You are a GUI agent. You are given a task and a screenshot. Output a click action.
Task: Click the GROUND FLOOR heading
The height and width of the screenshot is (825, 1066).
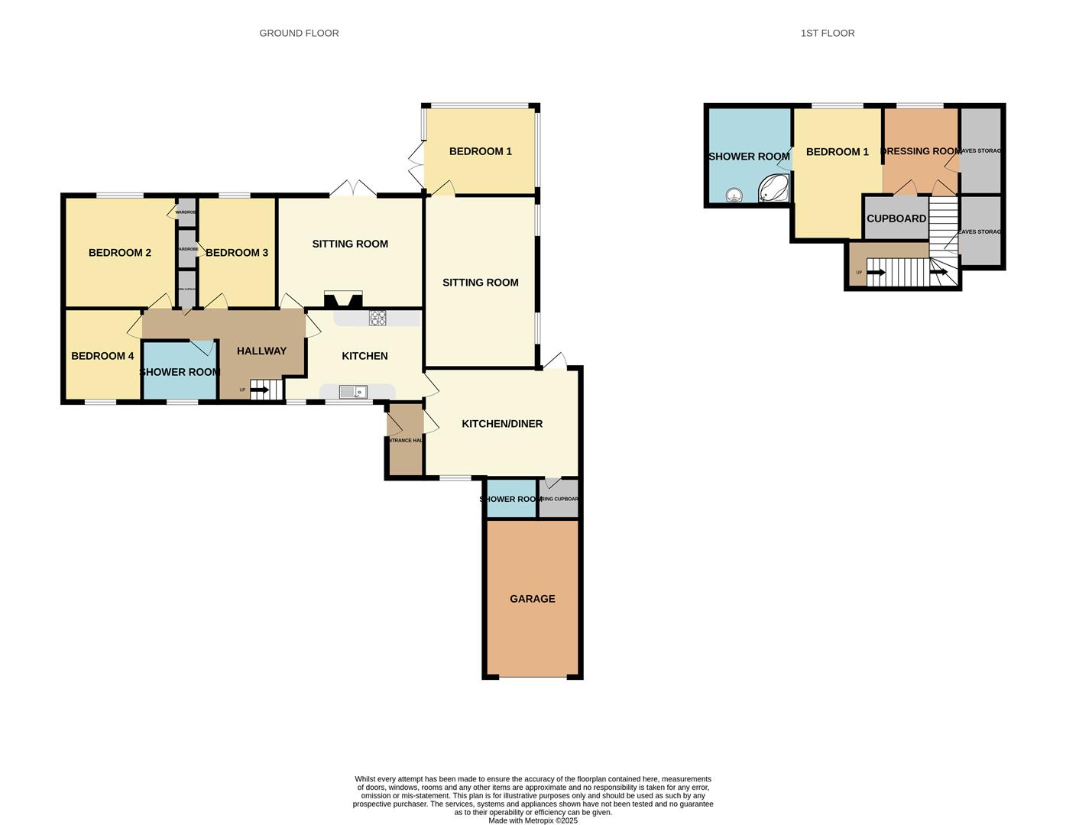click(x=299, y=33)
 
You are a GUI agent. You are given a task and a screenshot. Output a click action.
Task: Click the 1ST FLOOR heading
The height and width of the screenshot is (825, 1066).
click(x=828, y=33)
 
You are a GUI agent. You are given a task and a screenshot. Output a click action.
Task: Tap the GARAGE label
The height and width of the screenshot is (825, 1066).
click(x=533, y=599)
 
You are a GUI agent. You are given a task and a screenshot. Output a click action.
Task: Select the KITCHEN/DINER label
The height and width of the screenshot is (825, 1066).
click(x=502, y=424)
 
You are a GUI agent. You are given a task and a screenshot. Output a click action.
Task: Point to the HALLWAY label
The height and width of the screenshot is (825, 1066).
click(x=261, y=351)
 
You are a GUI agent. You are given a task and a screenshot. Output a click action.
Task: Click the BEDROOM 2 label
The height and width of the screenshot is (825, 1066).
click(x=120, y=253)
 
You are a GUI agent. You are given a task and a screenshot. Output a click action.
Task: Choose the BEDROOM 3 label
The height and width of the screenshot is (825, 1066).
click(x=237, y=253)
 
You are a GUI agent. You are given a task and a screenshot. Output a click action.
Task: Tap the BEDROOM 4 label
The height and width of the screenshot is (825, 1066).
click(x=102, y=356)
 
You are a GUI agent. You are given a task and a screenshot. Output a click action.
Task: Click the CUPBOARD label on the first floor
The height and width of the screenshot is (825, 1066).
click(x=896, y=218)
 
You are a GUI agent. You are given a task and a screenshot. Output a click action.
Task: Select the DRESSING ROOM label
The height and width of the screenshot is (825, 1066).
click(x=921, y=151)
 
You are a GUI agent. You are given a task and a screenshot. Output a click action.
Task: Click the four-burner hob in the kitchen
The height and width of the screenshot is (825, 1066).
click(x=377, y=318)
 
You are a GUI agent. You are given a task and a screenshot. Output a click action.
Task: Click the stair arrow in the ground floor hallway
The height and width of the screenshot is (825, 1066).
click(x=260, y=390)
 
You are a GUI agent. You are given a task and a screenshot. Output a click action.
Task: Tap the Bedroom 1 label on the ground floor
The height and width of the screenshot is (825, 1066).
click(x=481, y=151)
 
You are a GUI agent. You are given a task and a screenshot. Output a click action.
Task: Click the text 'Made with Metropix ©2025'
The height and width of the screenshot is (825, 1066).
click(x=533, y=820)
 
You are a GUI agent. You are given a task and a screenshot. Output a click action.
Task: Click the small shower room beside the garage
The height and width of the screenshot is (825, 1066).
click(x=511, y=499)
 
